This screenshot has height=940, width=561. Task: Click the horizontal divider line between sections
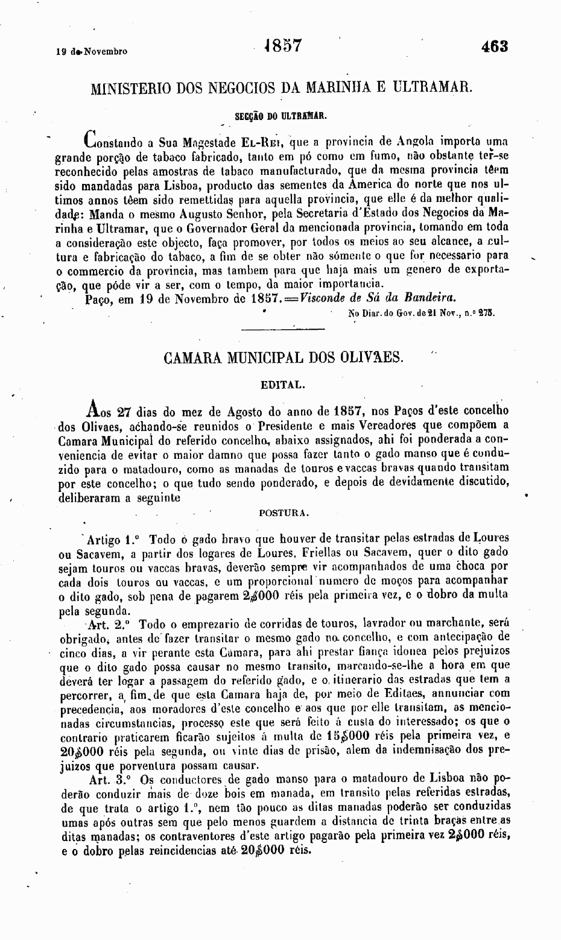tap(282, 329)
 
